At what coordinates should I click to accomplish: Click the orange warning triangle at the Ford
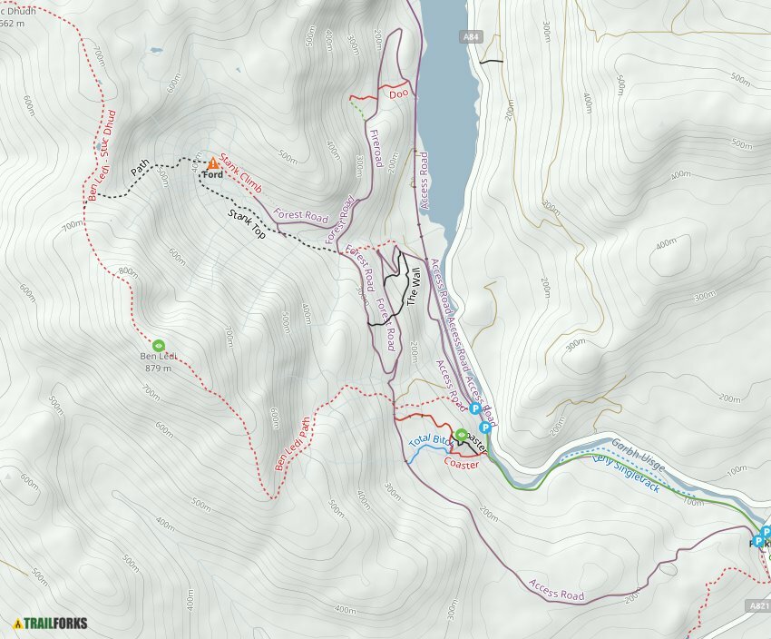click(x=213, y=162)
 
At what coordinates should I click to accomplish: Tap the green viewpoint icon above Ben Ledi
click(x=159, y=345)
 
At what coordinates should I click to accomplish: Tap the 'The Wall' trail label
click(x=413, y=285)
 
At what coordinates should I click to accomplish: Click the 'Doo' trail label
click(x=396, y=93)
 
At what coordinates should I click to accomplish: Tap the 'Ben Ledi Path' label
click(x=292, y=443)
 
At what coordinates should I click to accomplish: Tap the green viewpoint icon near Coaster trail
click(x=461, y=434)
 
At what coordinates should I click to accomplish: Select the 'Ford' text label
click(x=213, y=174)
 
